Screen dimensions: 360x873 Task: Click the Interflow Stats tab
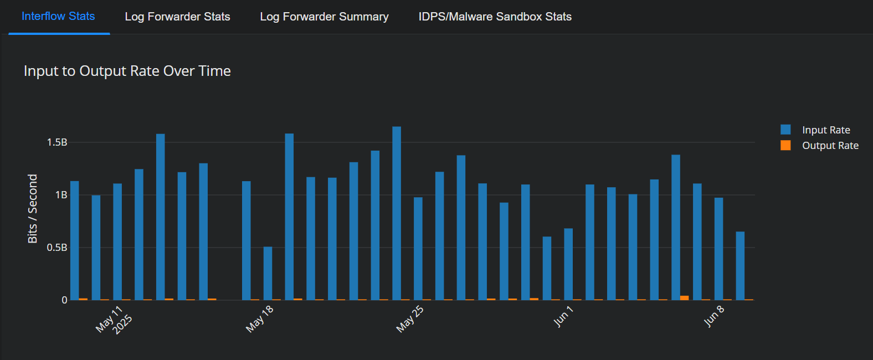tap(58, 17)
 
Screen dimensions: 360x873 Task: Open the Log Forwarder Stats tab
tap(177, 17)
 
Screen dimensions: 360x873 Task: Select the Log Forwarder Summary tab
tap(324, 17)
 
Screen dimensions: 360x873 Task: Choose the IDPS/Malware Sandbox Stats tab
tap(495, 17)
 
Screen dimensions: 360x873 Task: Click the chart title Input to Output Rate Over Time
tap(127, 71)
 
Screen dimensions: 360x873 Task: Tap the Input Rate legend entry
tap(825, 130)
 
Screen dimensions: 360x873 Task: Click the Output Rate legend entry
tap(830, 146)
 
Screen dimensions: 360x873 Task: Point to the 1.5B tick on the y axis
tap(57, 142)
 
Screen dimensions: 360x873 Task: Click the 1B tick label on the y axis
tap(61, 195)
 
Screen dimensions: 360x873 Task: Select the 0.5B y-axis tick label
tap(57, 248)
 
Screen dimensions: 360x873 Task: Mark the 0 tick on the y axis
tap(64, 300)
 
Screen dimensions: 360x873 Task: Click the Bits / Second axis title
tap(33, 209)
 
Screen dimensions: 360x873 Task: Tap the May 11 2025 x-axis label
tap(114, 320)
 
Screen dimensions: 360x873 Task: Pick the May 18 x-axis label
tap(260, 319)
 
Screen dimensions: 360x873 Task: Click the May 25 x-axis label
tap(410, 319)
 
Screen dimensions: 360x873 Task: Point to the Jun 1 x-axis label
tap(563, 316)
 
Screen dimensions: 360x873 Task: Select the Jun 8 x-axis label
tap(714, 316)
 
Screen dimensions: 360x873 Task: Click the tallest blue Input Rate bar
tap(397, 213)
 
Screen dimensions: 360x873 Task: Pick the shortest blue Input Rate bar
tap(268, 273)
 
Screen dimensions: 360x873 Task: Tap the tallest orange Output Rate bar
tap(684, 298)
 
